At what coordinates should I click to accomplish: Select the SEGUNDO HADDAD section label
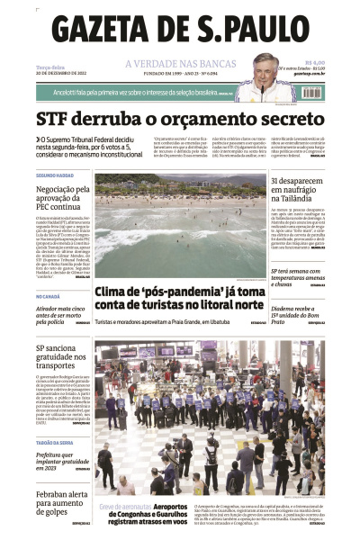click(x=55, y=175)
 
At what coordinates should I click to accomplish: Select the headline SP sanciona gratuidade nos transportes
click(x=62, y=356)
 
